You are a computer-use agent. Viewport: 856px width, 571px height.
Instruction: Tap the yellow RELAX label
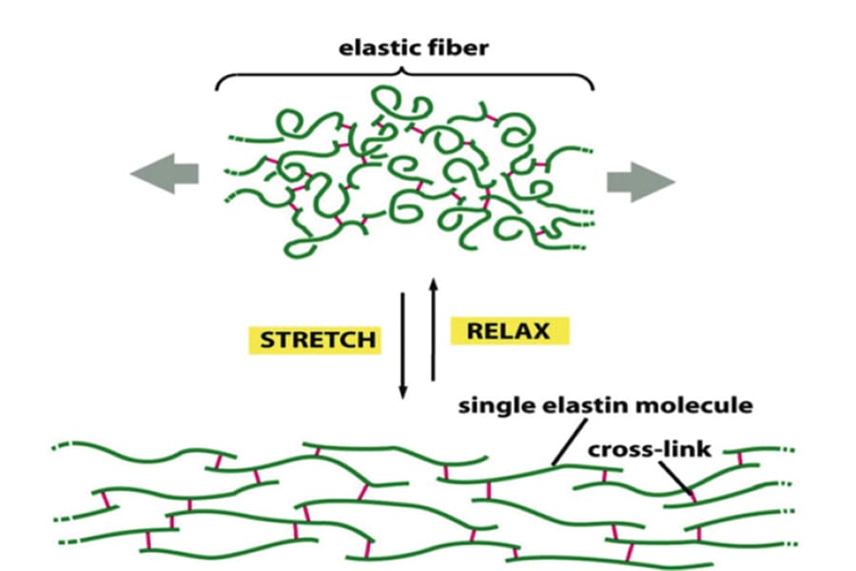(509, 330)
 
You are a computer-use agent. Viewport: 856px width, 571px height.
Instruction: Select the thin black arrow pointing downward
(402, 343)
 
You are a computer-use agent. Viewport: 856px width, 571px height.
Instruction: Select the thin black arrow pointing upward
(433, 328)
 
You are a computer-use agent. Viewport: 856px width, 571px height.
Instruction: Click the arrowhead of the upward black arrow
(433, 282)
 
